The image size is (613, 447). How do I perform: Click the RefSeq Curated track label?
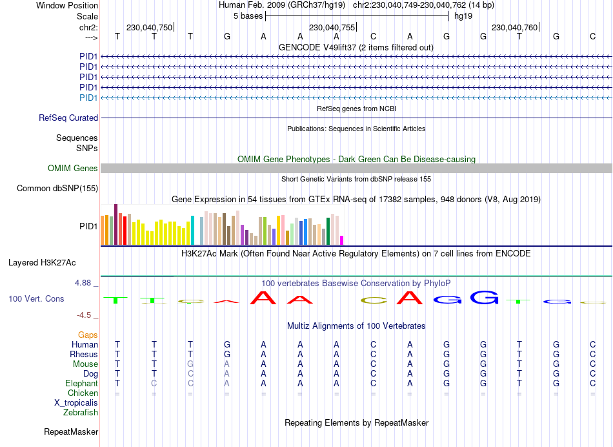point(68,118)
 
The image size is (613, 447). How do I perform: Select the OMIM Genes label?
point(73,169)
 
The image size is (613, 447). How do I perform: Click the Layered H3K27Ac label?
point(42,263)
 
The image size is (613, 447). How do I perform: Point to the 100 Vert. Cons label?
point(36,299)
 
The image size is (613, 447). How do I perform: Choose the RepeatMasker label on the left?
point(71,431)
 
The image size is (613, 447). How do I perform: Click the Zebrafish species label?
point(79,412)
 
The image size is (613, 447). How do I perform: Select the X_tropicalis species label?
point(76,402)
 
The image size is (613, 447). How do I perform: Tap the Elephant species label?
point(81,383)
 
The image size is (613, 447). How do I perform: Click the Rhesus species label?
point(84,354)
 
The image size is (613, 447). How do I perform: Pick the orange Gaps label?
point(88,335)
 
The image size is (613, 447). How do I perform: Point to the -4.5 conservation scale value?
point(85,315)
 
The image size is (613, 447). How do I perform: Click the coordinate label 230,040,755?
point(332,28)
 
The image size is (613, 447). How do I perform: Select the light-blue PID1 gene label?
point(88,98)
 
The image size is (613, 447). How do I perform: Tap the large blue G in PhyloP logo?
point(484,298)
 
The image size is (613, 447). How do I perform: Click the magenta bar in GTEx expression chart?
point(342,240)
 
